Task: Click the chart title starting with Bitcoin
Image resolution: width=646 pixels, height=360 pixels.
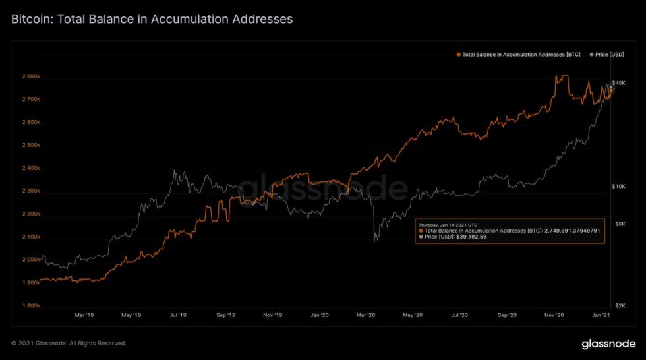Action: click(x=152, y=19)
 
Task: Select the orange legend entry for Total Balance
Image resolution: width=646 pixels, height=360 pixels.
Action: click(x=519, y=54)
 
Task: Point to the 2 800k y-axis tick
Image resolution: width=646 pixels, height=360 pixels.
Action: click(x=31, y=76)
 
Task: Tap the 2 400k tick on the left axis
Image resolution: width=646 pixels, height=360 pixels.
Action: click(x=31, y=168)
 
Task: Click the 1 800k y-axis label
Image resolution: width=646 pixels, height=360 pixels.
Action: click(x=31, y=306)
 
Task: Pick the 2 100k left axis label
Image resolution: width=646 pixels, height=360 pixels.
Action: click(x=31, y=237)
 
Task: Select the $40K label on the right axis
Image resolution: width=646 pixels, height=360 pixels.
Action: click(x=618, y=82)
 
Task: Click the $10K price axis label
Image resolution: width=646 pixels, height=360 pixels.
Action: click(x=618, y=187)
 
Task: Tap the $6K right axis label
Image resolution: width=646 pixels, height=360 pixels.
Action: click(x=620, y=224)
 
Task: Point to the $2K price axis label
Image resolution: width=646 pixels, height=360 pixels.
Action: click(x=620, y=306)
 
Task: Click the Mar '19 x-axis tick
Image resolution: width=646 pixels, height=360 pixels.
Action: click(x=84, y=316)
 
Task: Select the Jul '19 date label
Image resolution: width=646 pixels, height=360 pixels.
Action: click(x=178, y=316)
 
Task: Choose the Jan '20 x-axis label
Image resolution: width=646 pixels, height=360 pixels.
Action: click(x=319, y=316)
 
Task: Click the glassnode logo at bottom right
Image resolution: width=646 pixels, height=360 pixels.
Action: click(x=608, y=344)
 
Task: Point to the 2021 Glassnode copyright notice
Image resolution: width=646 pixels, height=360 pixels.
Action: click(x=69, y=344)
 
